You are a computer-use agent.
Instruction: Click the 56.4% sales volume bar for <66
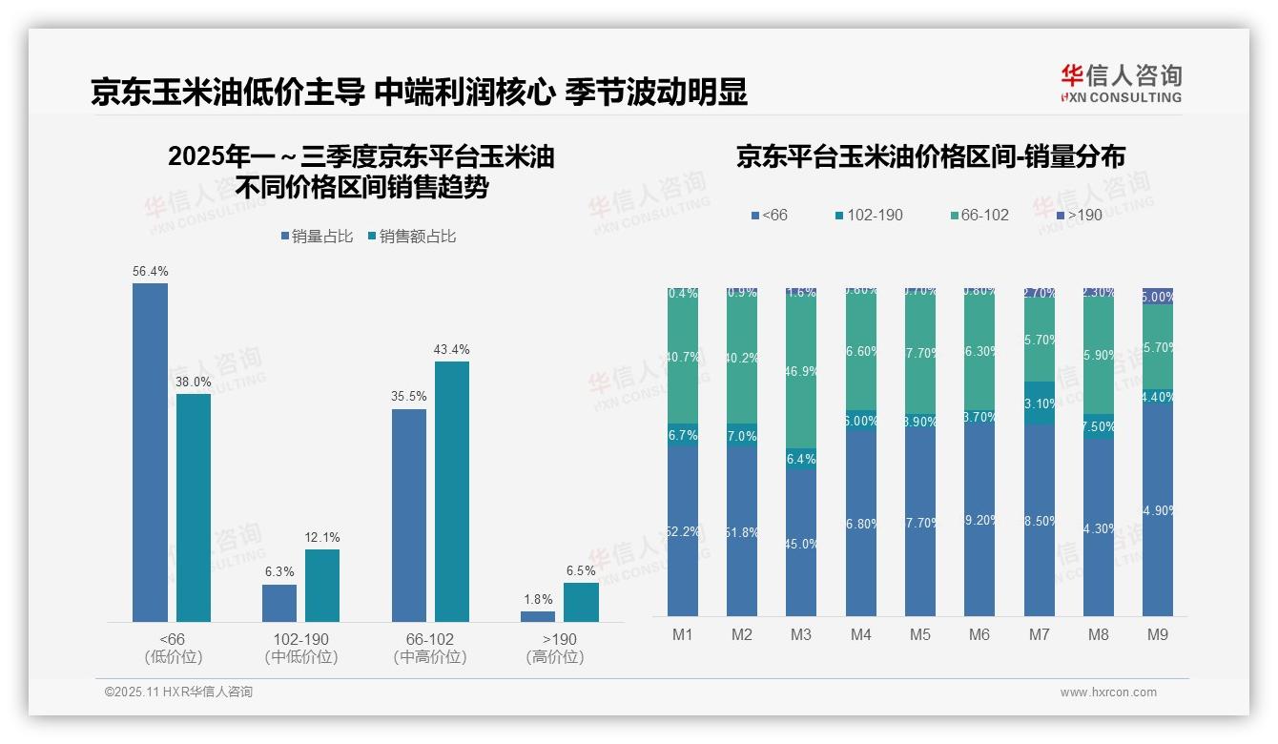pos(150,452)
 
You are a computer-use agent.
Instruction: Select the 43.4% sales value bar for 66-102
pos(452,491)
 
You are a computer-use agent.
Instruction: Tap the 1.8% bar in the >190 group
pos(538,616)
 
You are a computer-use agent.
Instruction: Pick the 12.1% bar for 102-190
pos(322,585)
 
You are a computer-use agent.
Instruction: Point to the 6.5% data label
pos(581,571)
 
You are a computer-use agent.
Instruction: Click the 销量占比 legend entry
pos(318,237)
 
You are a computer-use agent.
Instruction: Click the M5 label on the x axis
pos(919,634)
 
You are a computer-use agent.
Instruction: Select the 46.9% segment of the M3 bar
pos(801,373)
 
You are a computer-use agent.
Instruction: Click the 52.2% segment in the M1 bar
pos(683,531)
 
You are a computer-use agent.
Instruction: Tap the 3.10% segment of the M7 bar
pos(1039,403)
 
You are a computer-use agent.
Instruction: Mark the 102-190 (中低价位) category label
pos(300,648)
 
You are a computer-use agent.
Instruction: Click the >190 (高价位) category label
pos(555,648)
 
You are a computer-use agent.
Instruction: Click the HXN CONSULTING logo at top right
pos(1121,83)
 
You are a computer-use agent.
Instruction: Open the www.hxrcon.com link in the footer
pos(1108,692)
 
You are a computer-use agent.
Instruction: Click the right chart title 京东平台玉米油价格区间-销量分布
pos(930,157)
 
